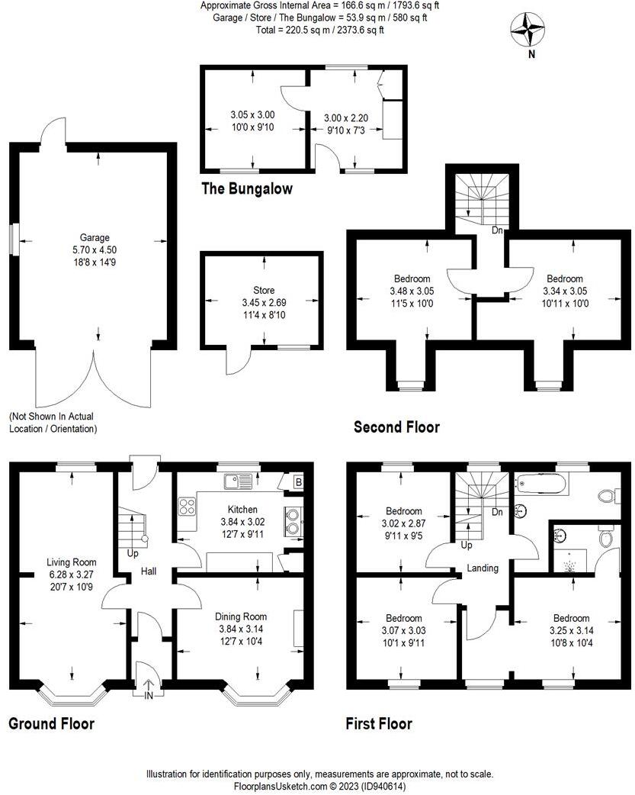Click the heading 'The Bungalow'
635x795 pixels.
246,188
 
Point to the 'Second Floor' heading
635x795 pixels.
396,426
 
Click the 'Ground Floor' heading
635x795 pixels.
51,723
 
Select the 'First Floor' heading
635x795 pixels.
379,723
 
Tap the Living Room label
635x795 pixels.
68,562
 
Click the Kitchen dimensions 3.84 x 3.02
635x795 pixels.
242,521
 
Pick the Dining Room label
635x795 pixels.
242,616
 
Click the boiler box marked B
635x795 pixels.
297,482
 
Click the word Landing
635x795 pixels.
483,568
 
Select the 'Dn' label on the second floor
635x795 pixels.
496,230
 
